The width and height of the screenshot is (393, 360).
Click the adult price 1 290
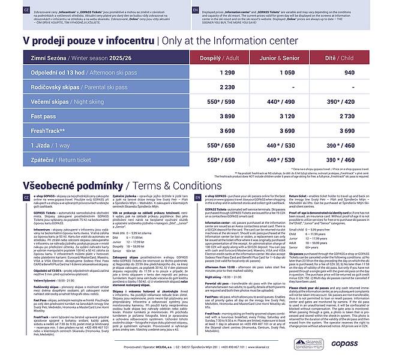[x=227, y=73]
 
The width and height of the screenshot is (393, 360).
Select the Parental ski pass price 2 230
[x=227, y=87]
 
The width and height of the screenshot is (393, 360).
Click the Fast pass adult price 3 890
[x=227, y=116]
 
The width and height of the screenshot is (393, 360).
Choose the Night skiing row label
[x=60, y=102]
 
